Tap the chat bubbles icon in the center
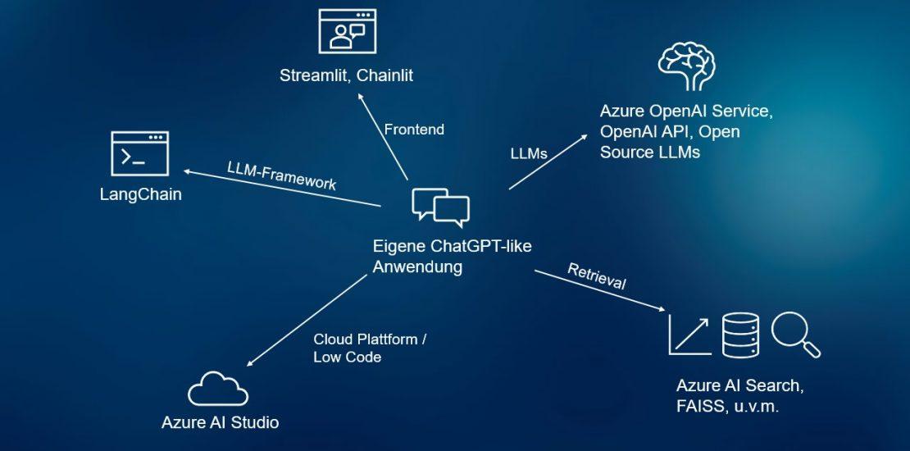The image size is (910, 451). point(440,207)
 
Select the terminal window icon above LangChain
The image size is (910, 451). point(139,153)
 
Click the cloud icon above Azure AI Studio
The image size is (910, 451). point(217,389)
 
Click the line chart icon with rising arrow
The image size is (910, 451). point(689,335)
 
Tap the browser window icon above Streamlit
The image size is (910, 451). point(347,32)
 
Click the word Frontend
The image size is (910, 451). point(414,130)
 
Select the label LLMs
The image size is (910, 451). point(528,153)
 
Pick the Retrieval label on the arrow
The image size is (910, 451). point(597,277)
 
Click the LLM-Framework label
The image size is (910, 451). point(281,175)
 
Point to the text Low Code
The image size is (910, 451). point(348,358)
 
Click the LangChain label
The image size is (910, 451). point(140,195)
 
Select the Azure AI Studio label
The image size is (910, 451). point(220,423)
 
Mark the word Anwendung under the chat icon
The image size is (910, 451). point(417,267)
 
